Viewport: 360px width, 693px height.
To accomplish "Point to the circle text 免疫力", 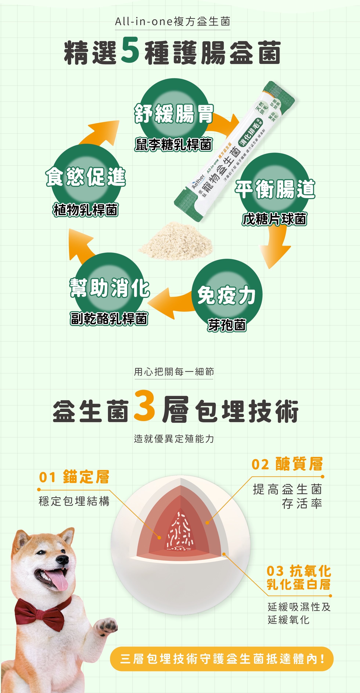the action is point(226,295).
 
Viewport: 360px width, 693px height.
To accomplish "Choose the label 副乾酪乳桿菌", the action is point(109,319).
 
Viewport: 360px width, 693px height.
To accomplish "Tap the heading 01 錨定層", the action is point(74,477).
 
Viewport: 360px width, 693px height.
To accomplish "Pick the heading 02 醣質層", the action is point(287,464).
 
